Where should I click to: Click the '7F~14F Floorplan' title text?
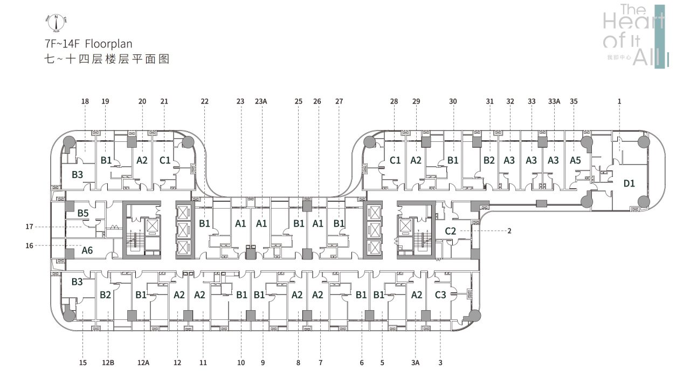pos(89,44)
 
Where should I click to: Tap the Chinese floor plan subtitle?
pos(107,59)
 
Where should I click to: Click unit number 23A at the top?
pos(261,101)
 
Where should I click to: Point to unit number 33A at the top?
pos(554,101)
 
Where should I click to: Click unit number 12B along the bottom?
pos(108,363)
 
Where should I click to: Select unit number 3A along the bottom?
pos(415,363)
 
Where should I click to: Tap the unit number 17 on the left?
pos(29,227)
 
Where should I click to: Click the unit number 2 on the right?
pos(509,231)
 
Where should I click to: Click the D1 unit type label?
pos(629,183)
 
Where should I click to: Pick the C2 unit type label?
pos(451,231)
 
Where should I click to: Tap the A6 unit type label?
pos(87,250)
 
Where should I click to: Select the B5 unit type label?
pos(82,213)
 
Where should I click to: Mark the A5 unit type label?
pos(576,160)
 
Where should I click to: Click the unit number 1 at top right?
pos(619,101)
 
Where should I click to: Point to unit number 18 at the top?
pos(85,101)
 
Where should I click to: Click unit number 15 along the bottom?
pos(82,363)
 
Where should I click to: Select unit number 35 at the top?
pos(574,101)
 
